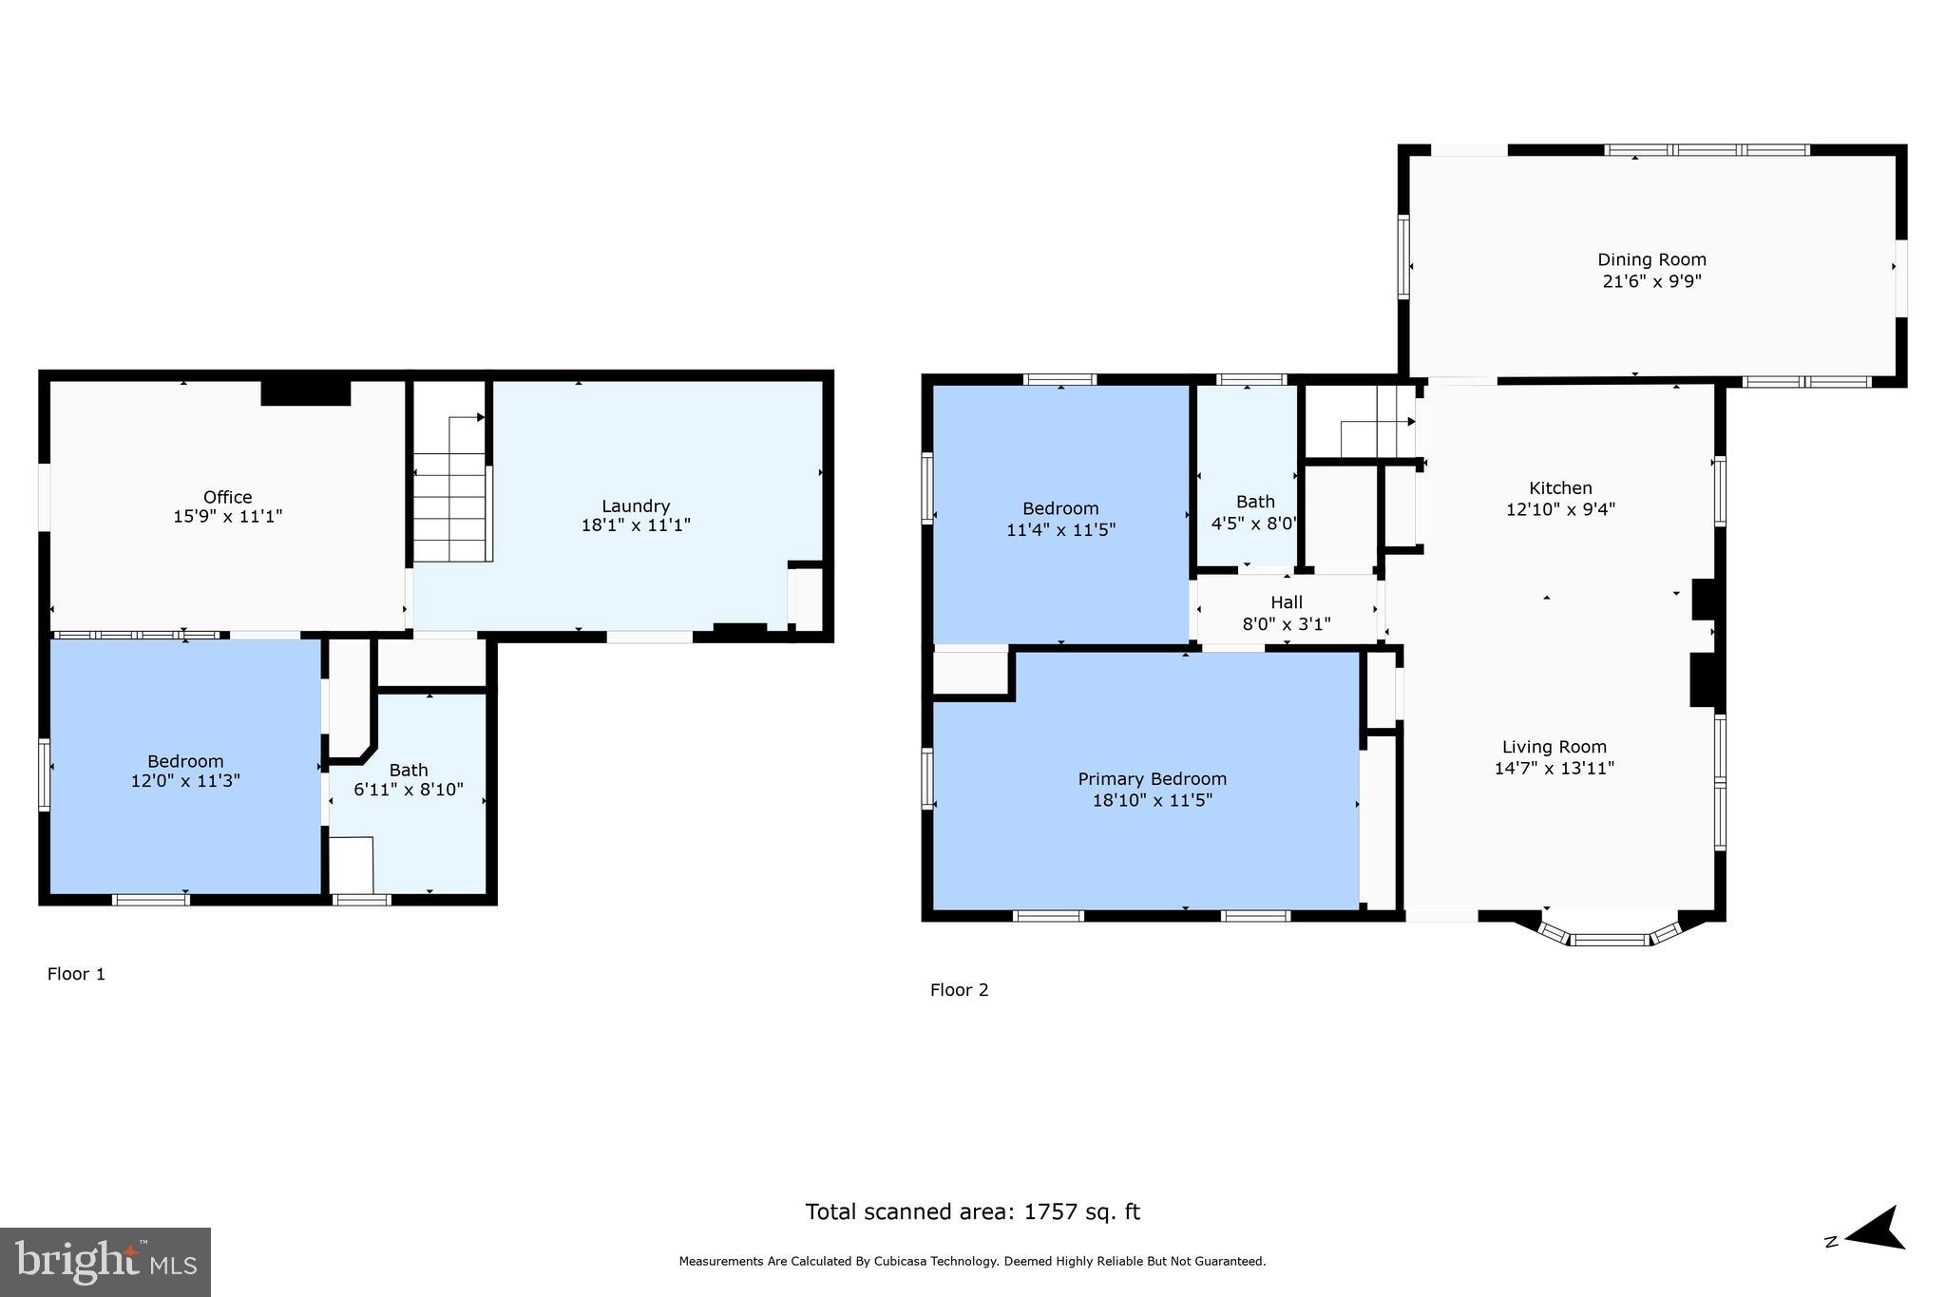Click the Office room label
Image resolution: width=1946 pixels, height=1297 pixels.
coord(227,497)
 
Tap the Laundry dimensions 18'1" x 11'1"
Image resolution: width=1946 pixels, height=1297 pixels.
coord(636,525)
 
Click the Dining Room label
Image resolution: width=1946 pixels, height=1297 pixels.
coord(1651,259)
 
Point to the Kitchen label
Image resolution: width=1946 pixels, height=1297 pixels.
coord(1560,487)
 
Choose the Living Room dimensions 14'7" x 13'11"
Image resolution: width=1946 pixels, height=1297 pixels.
coord(1554,768)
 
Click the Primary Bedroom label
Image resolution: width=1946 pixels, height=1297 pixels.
coord(1152,779)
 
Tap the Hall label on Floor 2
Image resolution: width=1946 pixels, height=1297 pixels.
coord(1287,602)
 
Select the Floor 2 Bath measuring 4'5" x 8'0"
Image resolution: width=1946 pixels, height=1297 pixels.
coord(1254,512)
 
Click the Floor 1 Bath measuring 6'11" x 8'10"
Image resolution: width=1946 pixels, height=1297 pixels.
coord(409,779)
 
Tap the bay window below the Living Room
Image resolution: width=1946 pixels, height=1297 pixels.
coord(1609,938)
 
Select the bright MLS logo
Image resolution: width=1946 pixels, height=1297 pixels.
coord(105,1262)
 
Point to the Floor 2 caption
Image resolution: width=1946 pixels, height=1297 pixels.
coord(959,990)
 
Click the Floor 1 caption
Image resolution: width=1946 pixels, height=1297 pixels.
coord(76,974)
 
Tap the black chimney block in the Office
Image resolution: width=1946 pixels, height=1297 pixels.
coord(305,392)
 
